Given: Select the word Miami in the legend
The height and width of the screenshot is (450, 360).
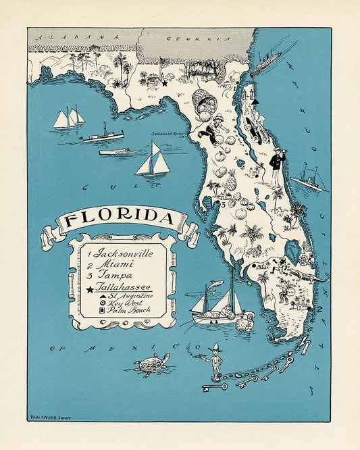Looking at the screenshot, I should (x=111, y=264).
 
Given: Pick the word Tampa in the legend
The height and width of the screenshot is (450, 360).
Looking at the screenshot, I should (x=113, y=276).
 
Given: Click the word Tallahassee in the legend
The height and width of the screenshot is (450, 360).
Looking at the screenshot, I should (x=126, y=287).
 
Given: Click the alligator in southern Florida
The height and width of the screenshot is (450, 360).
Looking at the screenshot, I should (x=308, y=276).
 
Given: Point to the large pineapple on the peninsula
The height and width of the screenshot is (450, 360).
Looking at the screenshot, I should (x=230, y=180).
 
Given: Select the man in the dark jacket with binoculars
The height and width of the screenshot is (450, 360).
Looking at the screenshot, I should (x=277, y=166).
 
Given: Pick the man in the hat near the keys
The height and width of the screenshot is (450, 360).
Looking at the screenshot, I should (x=214, y=361).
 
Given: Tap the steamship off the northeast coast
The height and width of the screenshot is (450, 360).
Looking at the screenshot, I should (x=266, y=64).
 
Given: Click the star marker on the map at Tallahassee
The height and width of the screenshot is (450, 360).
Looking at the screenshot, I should (x=163, y=83).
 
